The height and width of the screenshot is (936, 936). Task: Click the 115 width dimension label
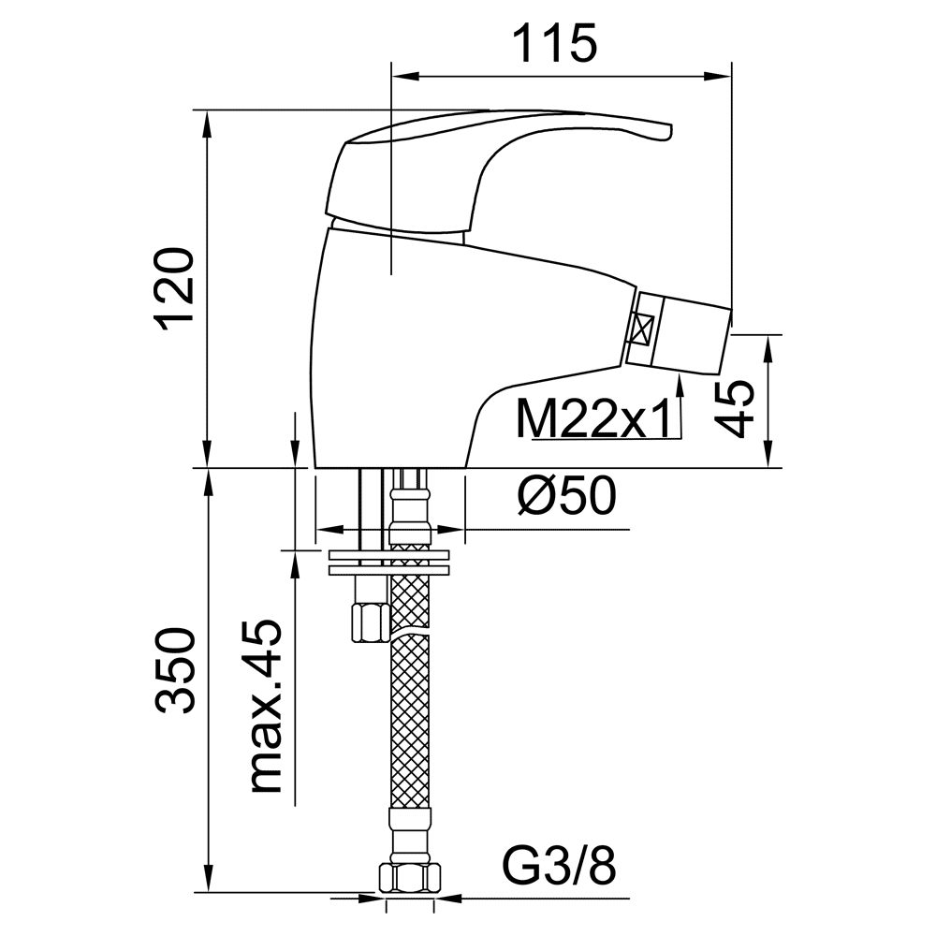click(554, 44)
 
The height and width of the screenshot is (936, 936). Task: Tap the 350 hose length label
click(175, 669)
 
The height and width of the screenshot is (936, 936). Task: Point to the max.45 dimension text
click(266, 707)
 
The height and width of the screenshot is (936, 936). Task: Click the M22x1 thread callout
click(593, 419)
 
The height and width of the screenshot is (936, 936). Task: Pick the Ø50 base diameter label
click(566, 496)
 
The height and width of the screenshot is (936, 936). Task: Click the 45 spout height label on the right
click(735, 409)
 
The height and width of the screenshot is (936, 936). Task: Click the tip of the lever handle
click(670, 131)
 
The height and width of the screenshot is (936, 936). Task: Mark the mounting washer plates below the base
click(388, 563)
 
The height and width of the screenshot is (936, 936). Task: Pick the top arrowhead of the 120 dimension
click(208, 124)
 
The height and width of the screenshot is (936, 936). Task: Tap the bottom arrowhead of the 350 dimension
click(208, 878)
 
